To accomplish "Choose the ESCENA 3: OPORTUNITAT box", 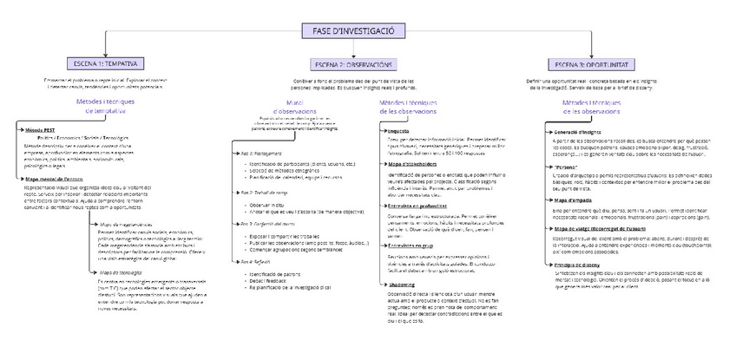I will pos(593,63).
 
